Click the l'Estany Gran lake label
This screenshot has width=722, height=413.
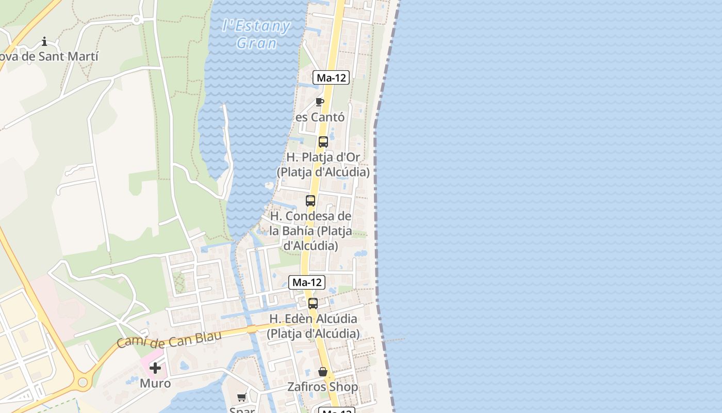256,34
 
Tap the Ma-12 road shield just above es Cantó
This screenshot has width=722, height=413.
331,78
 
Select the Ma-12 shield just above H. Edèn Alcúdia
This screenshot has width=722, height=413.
307,282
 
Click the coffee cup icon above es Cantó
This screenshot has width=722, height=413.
320,102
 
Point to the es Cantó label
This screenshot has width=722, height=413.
320,117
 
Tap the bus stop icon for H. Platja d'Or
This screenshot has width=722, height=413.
323,142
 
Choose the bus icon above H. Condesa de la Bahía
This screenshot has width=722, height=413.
310,201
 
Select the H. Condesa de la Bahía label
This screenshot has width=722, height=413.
311,231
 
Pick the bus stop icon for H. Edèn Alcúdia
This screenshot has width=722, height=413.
313,304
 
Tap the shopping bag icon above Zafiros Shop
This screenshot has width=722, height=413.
323,372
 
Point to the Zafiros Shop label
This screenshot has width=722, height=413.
323,387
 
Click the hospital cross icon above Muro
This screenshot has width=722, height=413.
155,368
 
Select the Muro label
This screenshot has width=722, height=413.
155,383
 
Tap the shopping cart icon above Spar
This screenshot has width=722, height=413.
241,397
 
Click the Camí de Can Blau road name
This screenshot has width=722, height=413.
169,339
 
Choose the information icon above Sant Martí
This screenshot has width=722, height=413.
44,41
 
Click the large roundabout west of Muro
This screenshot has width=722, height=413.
82,383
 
